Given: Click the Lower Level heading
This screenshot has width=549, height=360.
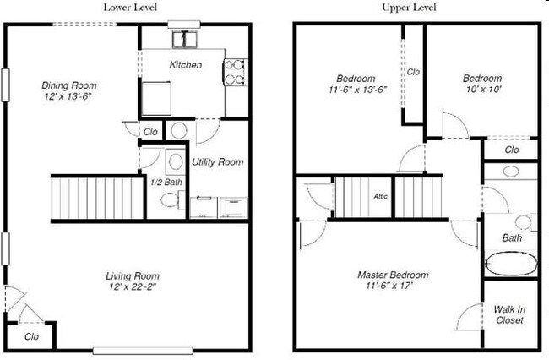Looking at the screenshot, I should click(x=128, y=8).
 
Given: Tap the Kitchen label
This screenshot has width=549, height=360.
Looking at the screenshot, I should click(x=186, y=65).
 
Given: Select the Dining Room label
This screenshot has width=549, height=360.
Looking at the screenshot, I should click(x=69, y=85).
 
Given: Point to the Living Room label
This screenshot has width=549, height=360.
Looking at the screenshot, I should click(x=133, y=276).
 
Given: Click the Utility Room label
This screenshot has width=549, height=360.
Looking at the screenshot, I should click(x=218, y=162).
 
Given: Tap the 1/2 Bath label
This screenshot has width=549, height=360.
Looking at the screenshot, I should click(x=166, y=182).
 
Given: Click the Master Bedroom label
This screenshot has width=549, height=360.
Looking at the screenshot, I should click(x=392, y=275).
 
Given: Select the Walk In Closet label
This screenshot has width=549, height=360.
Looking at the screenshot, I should click(x=509, y=315).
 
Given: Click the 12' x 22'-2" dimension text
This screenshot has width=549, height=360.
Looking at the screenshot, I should click(x=133, y=289).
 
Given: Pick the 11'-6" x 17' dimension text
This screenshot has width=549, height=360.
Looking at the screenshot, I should click(x=392, y=288).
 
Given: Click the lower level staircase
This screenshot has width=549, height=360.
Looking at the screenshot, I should click(x=95, y=197).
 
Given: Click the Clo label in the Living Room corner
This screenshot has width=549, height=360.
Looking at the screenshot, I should click(x=32, y=336).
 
